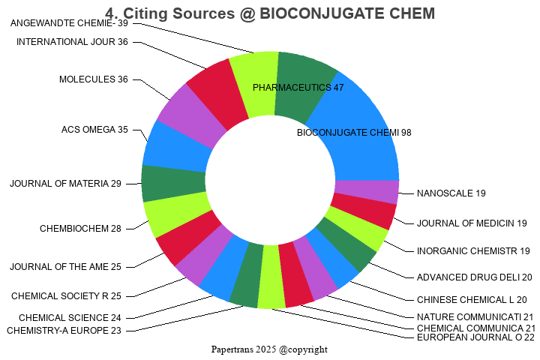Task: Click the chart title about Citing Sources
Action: [x=270, y=13]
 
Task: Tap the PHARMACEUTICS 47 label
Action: [x=298, y=88]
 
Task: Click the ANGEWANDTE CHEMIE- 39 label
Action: [x=70, y=23]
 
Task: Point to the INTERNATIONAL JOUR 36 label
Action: [x=72, y=41]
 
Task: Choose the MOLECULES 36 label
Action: [x=94, y=79]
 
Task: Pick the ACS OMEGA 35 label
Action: [x=94, y=130]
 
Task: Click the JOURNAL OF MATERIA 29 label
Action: [x=65, y=184]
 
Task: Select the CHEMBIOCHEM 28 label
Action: [x=80, y=229]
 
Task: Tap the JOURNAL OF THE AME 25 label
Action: [x=65, y=266]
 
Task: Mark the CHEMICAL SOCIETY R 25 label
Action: [x=66, y=296]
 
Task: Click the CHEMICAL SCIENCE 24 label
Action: [x=70, y=317]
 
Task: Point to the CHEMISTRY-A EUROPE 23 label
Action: [x=64, y=330]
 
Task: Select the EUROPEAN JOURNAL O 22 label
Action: [x=475, y=337]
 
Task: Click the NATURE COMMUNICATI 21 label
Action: [x=475, y=316]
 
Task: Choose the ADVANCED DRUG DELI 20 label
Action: [x=475, y=277]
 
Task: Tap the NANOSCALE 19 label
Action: [x=451, y=193]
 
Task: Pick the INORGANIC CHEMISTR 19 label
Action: [x=473, y=250]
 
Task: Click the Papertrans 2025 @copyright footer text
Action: [x=270, y=349]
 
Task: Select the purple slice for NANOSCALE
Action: [x=366, y=192]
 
